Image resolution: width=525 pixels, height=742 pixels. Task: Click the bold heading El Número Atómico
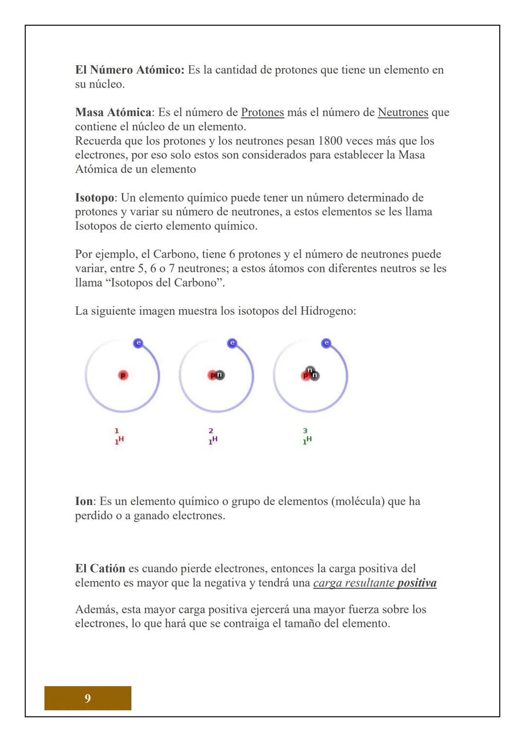tap(129, 70)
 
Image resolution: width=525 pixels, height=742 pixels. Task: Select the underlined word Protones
tap(262, 113)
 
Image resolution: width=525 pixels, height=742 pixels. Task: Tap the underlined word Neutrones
tap(402, 113)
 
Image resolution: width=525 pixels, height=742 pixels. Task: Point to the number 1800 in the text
tap(330, 141)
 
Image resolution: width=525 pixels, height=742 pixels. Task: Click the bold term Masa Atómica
tap(113, 113)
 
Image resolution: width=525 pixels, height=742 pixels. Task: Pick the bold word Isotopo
tap(95, 198)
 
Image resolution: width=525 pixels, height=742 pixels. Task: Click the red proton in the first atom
tap(123, 375)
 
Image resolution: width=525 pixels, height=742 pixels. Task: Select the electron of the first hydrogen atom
tap(138, 343)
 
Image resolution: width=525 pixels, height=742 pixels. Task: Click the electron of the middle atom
tap(232, 343)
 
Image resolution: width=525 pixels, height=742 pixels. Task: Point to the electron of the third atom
tap(326, 343)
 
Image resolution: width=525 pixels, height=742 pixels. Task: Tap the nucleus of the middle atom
tap(216, 375)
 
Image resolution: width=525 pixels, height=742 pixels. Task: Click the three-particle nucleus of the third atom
tap(310, 374)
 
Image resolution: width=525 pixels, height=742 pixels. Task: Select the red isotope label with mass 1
tap(119, 436)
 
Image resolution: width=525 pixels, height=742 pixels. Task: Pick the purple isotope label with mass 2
tap(212, 436)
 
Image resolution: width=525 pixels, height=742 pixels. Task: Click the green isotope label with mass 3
tap(307, 436)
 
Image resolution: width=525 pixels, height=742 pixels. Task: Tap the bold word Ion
tap(85, 501)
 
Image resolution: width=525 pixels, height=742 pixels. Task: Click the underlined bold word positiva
tap(417, 583)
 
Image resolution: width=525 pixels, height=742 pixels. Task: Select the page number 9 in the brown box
tap(87, 698)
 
